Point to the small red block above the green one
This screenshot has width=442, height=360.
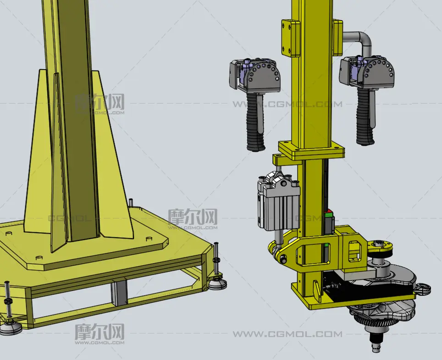[x=328, y=212]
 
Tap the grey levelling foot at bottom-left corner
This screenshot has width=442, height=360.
[x=11, y=328]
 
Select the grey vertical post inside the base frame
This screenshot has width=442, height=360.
[x=119, y=294]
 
